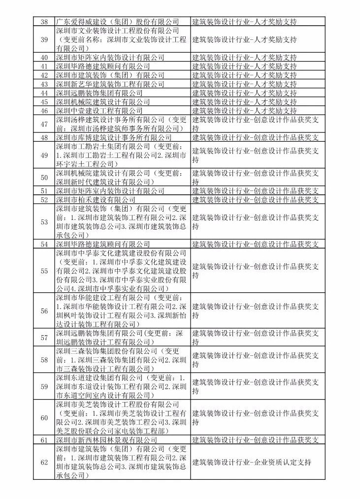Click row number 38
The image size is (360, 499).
[44, 22]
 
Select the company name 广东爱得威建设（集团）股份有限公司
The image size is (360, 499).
[117, 22]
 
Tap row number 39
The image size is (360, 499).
[44, 39]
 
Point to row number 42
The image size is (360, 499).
[44, 75]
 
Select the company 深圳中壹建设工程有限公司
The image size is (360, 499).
[99, 111]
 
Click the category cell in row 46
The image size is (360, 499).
[245, 111]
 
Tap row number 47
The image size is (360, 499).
[44, 124]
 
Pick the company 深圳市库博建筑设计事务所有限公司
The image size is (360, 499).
[113, 137]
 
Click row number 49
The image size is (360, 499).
[44, 156]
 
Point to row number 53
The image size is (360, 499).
[44, 222]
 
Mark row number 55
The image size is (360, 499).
[44, 271]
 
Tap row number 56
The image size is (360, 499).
[44, 311]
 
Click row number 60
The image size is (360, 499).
[44, 418]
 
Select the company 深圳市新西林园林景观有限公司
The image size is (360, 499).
[106, 440]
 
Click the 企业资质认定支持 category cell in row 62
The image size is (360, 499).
[252, 462]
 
